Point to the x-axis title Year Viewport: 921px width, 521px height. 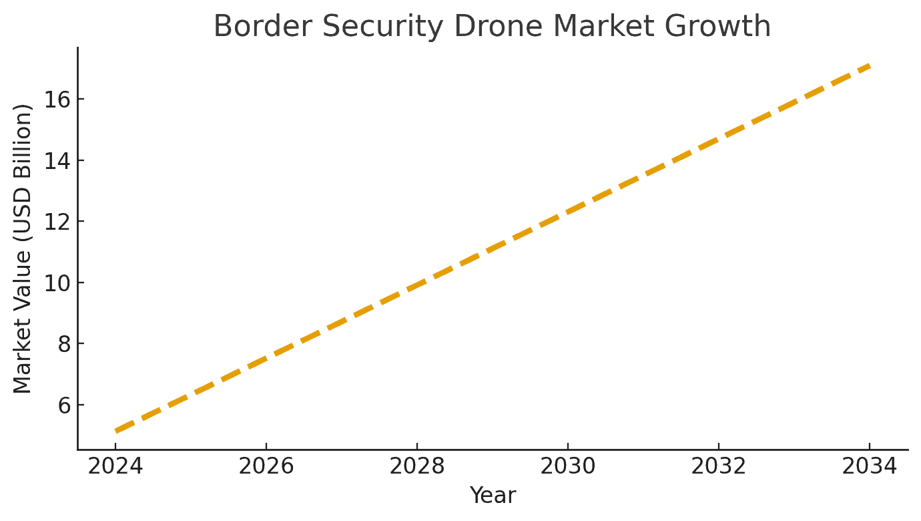tap(493, 496)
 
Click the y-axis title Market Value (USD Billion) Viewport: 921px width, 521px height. tap(23, 248)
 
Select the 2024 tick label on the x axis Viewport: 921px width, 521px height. tap(115, 466)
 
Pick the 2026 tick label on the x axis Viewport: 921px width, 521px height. tap(266, 466)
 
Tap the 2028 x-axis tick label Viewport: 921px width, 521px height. tap(417, 466)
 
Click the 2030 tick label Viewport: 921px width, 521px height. tap(568, 466)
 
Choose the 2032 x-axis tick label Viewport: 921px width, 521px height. tap(719, 466)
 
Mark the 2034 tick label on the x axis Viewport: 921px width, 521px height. tap(870, 466)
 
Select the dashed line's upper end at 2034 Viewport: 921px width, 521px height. tap(868, 65)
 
